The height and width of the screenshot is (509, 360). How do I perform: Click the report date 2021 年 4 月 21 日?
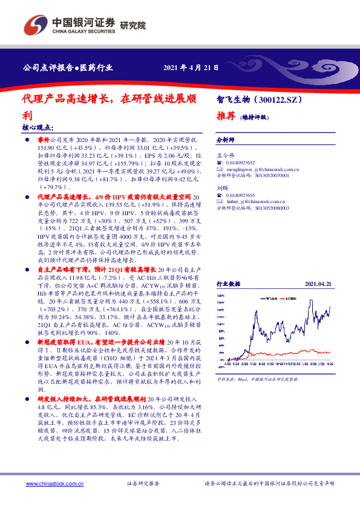191,67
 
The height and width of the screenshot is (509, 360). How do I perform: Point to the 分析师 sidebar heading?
226,140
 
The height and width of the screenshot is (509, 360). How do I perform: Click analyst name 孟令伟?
224,155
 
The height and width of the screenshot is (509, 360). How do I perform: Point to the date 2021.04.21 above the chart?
319,283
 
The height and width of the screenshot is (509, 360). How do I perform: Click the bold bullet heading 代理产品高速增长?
64,197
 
